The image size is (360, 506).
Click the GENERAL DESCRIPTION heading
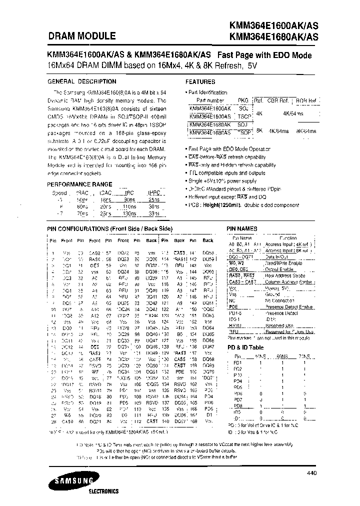click(x=81, y=81)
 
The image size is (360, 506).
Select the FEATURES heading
click(x=200, y=81)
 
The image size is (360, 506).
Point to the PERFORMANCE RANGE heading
click(x=79, y=184)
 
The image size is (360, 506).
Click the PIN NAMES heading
click(x=242, y=228)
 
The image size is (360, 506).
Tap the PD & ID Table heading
click(x=245, y=347)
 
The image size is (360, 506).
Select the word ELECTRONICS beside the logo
click(x=103, y=491)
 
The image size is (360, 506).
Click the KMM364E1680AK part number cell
click(x=210, y=124)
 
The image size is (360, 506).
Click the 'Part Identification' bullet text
click(x=207, y=92)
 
